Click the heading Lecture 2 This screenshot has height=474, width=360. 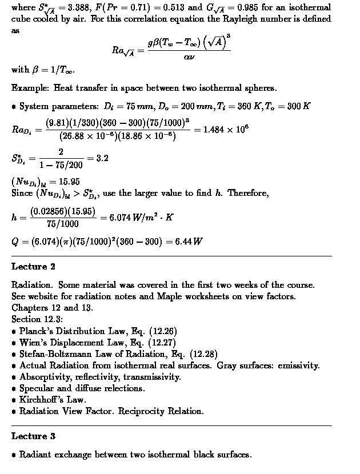pyautogui.click(x=33, y=267)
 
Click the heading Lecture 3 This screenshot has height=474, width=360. pyautogui.click(x=33, y=436)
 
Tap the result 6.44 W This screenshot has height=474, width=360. pyautogui.click(x=190, y=241)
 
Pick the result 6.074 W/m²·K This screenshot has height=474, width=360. pyautogui.click(x=137, y=217)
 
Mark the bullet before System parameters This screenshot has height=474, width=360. pyautogui.click(x=14, y=107)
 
